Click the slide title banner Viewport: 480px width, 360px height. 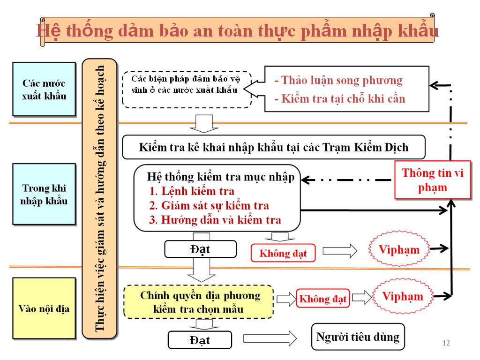click(x=238, y=30)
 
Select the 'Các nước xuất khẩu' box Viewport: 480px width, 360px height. click(x=44, y=89)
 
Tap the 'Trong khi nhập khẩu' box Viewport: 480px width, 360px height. click(x=44, y=194)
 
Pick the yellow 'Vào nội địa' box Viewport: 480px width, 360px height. click(x=44, y=308)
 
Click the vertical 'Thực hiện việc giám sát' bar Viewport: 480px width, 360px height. click(x=99, y=199)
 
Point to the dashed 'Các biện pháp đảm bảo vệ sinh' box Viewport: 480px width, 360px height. click(x=187, y=90)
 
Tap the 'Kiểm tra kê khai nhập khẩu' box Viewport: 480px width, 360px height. click(x=274, y=147)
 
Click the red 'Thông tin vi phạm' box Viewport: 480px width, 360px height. click(x=433, y=180)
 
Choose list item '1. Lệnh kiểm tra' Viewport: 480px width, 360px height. click(x=192, y=191)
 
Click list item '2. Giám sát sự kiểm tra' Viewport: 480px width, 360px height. click(x=209, y=205)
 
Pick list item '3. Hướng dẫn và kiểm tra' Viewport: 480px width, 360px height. click(x=215, y=220)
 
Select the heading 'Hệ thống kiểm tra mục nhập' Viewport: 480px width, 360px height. click(x=220, y=177)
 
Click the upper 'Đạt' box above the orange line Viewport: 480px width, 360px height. click(x=201, y=249)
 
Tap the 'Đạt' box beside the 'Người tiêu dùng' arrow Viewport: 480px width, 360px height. click(x=200, y=340)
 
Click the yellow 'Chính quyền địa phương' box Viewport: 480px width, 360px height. click(x=198, y=302)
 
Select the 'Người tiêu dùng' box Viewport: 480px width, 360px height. click(x=358, y=337)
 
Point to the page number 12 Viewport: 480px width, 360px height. click(x=446, y=343)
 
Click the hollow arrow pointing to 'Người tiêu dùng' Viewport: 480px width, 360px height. click(x=270, y=338)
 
